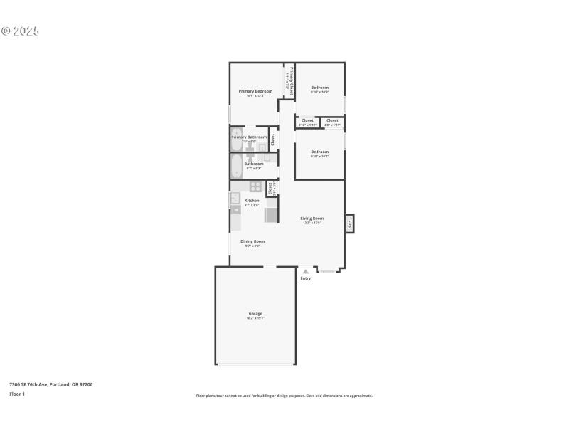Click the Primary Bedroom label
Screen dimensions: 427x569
point(255,91)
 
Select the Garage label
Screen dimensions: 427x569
point(255,313)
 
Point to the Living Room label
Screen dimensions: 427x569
point(312,218)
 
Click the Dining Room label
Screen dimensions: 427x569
point(252,241)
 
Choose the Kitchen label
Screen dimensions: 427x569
point(252,200)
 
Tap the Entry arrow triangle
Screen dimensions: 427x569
point(305,271)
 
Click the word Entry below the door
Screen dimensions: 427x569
point(306,278)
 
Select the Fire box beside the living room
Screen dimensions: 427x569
point(349,223)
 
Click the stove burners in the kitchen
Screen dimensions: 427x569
point(255,186)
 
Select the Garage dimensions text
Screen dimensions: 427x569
point(255,319)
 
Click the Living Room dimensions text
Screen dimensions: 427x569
point(312,223)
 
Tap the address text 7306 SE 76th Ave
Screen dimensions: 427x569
point(50,384)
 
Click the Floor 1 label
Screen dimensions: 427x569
point(17,394)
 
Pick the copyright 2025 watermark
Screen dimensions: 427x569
point(20,31)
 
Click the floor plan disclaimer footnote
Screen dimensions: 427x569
point(284,396)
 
